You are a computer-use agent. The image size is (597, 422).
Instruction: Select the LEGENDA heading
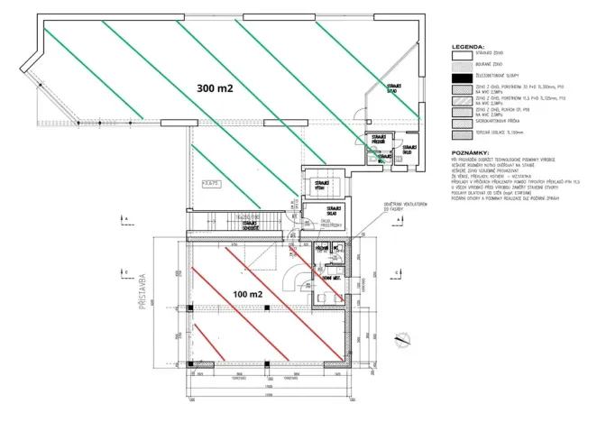tap(469, 44)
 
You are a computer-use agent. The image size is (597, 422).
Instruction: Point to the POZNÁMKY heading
tap(471, 154)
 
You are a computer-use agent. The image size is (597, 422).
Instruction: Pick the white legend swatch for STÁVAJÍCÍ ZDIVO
tap(461, 55)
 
